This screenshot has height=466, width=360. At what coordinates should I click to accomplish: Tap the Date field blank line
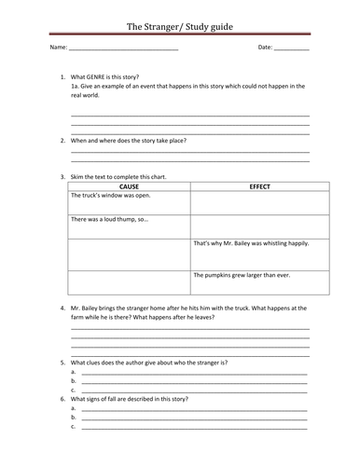coord(291,48)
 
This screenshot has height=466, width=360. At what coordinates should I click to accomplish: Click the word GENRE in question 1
coord(96,76)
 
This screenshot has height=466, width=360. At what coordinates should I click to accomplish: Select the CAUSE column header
coord(129,186)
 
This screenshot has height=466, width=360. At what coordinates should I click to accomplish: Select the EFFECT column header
coord(249,186)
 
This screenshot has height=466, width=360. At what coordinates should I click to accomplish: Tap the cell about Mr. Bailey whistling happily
coord(249,243)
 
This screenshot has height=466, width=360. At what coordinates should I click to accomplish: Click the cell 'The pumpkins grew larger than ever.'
coord(249,275)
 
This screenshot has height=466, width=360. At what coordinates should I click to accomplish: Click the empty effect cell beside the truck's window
coord(249,202)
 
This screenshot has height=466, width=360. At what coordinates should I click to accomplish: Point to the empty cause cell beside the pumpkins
coord(129,281)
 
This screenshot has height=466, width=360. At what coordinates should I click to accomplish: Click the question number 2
coord(62,140)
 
